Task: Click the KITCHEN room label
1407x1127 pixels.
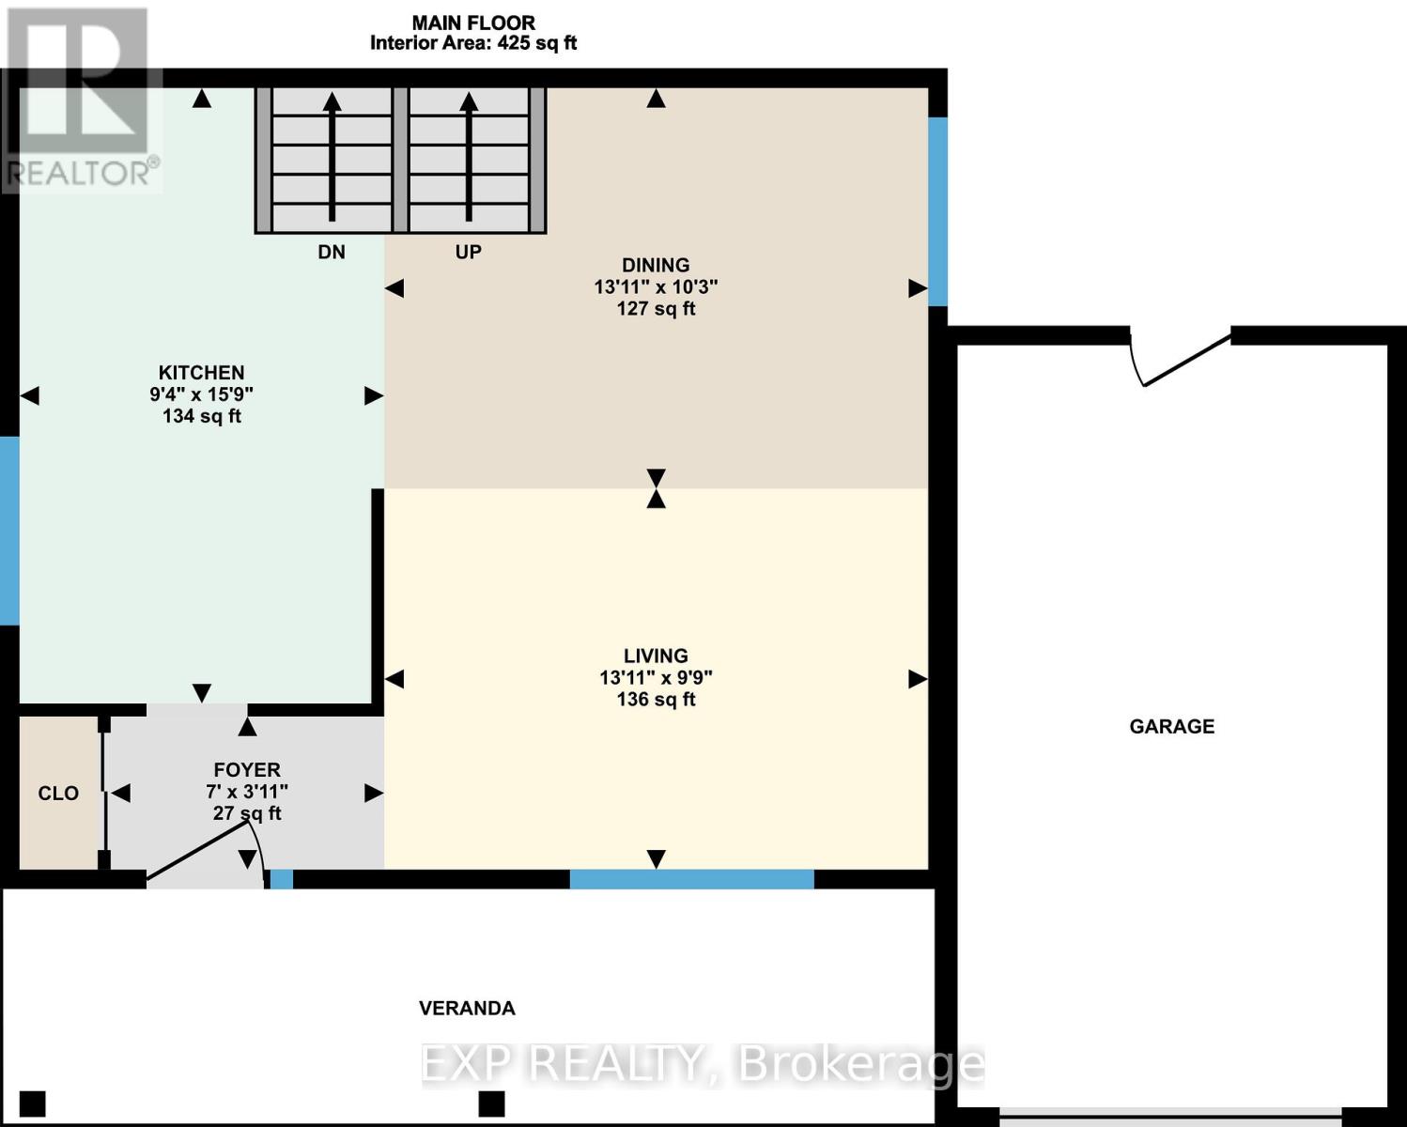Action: point(201,373)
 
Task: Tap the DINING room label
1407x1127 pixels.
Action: point(656,266)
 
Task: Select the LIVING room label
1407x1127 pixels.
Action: point(656,656)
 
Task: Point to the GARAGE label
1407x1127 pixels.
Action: point(1171,726)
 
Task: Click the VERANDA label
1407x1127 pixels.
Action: point(467,1009)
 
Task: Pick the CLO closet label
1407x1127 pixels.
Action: point(58,794)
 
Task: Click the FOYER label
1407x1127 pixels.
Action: point(247,770)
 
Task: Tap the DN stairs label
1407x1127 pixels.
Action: point(332,252)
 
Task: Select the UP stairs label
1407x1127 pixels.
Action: point(468,252)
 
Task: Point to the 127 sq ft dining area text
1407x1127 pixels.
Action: point(656,309)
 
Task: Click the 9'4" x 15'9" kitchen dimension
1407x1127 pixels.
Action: point(201,394)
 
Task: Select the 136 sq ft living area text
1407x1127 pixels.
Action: point(656,700)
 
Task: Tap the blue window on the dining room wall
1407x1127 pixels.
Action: point(937,210)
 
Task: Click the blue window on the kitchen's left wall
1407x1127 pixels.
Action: point(8,530)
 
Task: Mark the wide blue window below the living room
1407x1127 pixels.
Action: point(691,879)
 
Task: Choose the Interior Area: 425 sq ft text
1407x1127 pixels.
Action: point(473,43)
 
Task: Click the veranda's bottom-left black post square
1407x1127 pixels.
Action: point(33,1103)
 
